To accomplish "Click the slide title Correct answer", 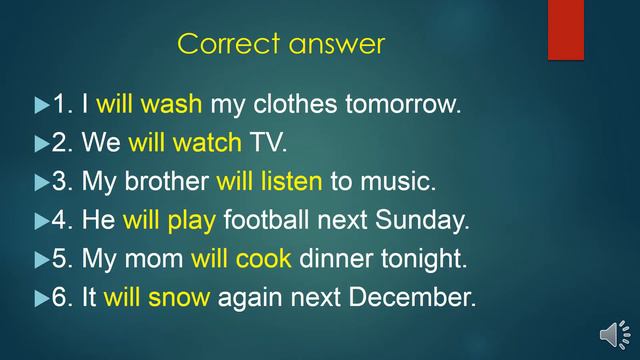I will point(280,44).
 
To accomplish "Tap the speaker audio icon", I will point(613,334).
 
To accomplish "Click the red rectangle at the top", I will point(565,29).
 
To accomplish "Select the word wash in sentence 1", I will point(172,104).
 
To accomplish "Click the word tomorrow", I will point(410,104).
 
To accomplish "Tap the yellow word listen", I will point(291,182).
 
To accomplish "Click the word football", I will point(265,220).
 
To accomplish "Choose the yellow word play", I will point(193,220).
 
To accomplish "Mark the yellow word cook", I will point(264,259).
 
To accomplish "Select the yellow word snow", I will point(180,297).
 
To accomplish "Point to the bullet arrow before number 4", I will point(41,221).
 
